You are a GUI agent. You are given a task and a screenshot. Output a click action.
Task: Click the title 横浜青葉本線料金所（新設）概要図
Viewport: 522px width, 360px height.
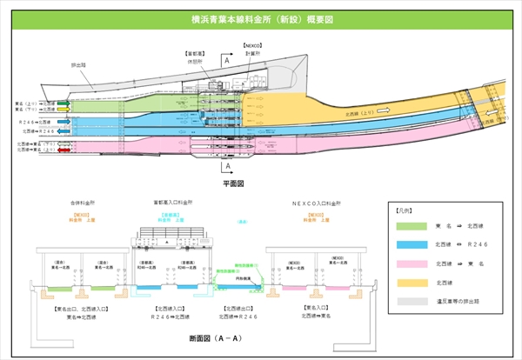coord(261,17)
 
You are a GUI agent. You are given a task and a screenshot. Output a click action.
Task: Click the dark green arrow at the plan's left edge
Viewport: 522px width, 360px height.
coord(64,102)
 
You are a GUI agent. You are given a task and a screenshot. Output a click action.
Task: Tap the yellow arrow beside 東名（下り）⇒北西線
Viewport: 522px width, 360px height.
coord(64,110)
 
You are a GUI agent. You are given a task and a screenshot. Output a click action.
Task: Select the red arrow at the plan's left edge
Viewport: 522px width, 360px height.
coord(64,150)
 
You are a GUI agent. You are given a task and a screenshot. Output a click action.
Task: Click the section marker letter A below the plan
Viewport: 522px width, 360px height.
coord(227,165)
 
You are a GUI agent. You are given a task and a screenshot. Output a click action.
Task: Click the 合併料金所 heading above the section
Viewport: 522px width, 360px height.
coord(84,202)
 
